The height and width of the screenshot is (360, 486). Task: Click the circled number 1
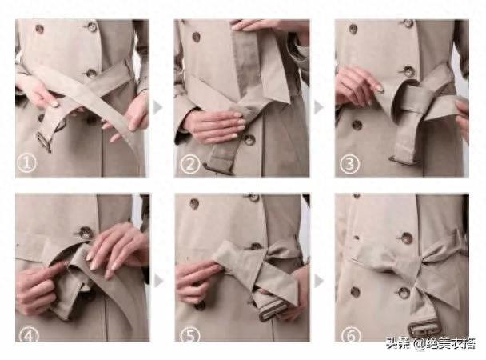26,163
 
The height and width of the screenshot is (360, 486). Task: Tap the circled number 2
189,164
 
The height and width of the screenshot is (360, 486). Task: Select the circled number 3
349,164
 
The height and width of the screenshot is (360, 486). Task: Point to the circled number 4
29,335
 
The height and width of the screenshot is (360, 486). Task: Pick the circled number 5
189,335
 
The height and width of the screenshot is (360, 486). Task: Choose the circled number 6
351,335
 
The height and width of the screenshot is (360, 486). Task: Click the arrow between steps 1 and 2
157,107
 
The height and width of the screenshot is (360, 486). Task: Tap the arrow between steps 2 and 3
318,107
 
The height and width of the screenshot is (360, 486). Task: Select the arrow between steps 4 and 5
158,281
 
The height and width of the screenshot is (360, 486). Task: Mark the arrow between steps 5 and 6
319,281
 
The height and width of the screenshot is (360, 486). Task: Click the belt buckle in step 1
44,142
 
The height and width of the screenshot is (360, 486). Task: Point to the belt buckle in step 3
404,160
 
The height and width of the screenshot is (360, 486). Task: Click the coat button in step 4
85,233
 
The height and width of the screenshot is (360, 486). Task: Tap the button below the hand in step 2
249,139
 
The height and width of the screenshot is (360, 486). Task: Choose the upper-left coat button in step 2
196,37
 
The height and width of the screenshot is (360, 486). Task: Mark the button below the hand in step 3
357,125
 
